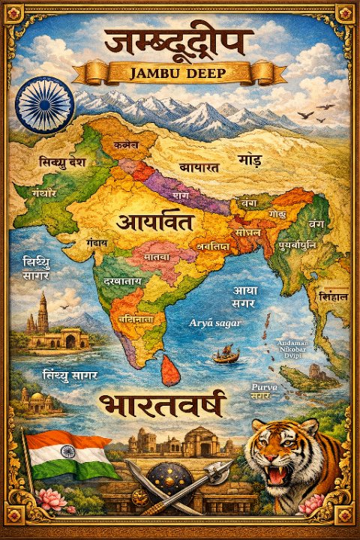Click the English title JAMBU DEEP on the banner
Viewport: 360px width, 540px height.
[x=178, y=73]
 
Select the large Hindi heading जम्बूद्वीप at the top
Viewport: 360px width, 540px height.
[x=178, y=40]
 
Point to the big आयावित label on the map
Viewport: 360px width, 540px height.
[x=154, y=222]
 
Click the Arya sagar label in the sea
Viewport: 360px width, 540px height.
[x=214, y=322]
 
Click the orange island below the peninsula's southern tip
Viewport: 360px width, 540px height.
[x=172, y=370]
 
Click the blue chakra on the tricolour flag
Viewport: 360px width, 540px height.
[x=68, y=451]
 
